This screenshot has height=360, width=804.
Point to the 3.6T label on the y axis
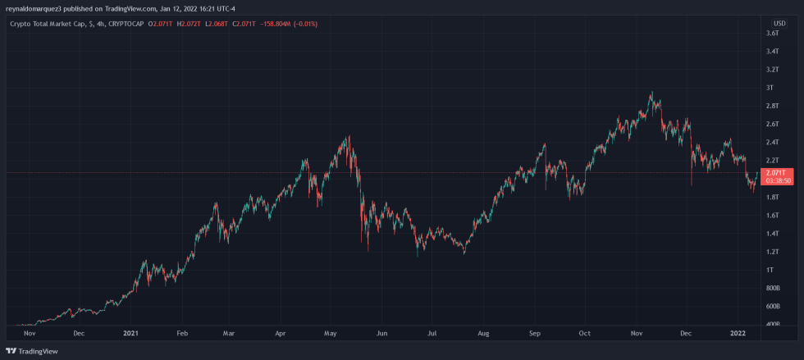click(772, 34)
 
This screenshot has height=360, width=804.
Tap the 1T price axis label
click(768, 270)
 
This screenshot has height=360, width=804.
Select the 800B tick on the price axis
click(772, 289)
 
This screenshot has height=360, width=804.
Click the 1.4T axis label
click(772, 234)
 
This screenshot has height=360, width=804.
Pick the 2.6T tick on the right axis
click(772, 125)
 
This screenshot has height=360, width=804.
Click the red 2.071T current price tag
click(776, 173)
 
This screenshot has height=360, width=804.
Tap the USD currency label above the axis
click(779, 22)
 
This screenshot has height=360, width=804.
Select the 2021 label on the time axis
click(130, 334)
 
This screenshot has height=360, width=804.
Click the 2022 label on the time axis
click(738, 334)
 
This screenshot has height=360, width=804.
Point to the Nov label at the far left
click(29, 334)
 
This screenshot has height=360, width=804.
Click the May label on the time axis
click(331, 334)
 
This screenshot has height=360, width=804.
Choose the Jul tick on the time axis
click(432, 334)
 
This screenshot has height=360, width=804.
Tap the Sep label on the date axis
click(535, 334)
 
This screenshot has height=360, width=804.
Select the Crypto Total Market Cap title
click(47, 24)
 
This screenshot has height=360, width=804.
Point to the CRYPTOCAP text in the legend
click(126, 24)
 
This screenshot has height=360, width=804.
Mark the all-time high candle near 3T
click(652, 94)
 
